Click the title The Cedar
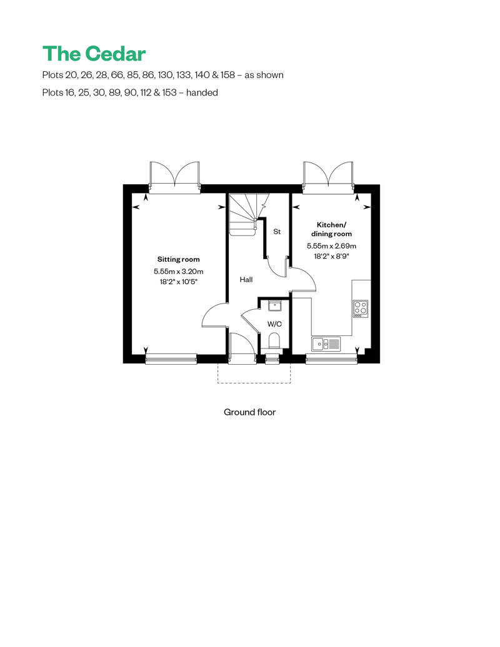(x=94, y=54)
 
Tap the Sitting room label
(x=179, y=259)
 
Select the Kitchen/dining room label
(x=331, y=229)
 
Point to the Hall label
(x=246, y=280)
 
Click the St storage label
(x=277, y=232)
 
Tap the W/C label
(x=274, y=324)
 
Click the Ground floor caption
(x=249, y=412)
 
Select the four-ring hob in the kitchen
(x=360, y=309)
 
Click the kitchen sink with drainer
(x=326, y=343)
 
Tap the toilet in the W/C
(x=274, y=341)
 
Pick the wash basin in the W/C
(x=274, y=305)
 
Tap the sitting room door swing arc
(x=214, y=315)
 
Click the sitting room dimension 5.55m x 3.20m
(x=179, y=272)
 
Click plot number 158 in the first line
(x=226, y=75)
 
